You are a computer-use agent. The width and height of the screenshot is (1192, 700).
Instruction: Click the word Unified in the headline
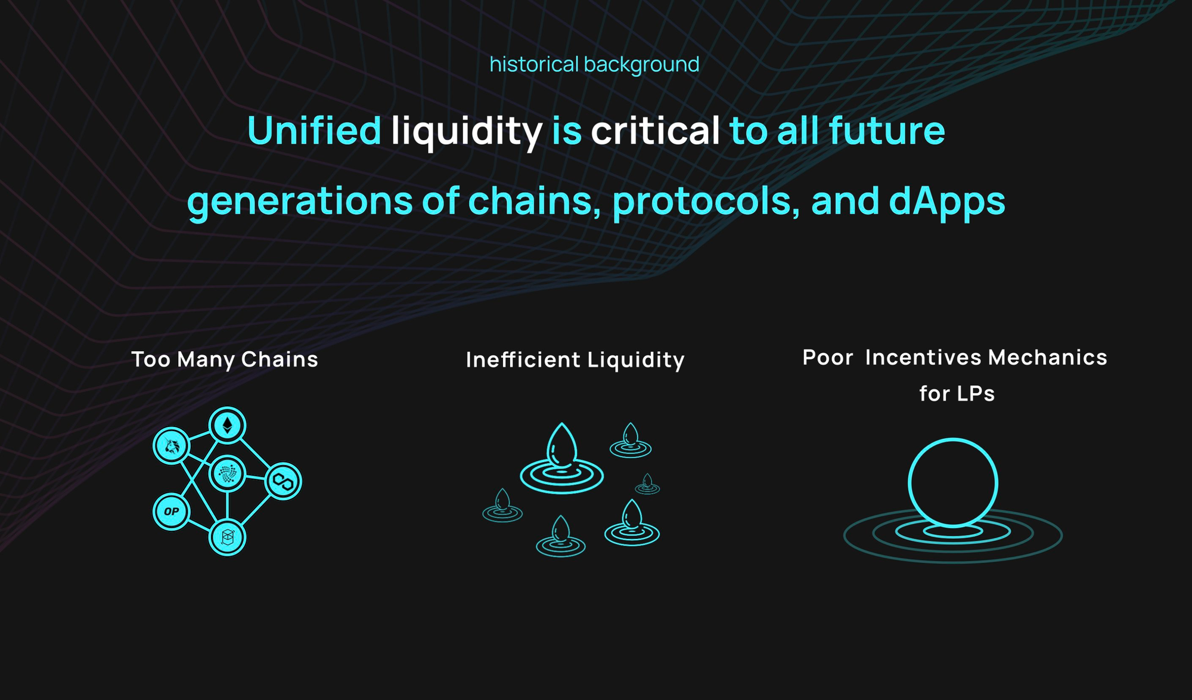coord(314,130)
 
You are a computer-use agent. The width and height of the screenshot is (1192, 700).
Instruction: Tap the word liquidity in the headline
coord(467,132)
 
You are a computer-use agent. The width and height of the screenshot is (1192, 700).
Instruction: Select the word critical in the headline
coord(655,130)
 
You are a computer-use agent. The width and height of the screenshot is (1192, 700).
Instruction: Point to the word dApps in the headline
coord(947,201)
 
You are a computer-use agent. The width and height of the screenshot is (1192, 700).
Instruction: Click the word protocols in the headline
coord(706,201)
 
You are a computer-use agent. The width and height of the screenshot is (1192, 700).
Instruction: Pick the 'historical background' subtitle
coord(594,64)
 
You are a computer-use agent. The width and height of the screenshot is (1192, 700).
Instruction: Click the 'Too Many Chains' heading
coord(225,360)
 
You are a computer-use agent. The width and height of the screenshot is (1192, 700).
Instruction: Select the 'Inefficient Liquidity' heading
coord(575,360)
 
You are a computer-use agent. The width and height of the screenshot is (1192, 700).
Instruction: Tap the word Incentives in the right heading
coord(923,357)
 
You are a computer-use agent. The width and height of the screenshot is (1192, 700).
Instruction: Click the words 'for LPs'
coord(957,394)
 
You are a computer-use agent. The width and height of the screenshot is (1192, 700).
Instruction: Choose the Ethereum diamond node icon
coord(227,425)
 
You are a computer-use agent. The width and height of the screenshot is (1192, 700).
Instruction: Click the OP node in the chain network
coord(172,511)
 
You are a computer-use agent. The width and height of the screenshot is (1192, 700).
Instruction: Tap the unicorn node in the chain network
coord(172,445)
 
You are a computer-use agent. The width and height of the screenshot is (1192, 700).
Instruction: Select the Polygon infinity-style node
coord(283,481)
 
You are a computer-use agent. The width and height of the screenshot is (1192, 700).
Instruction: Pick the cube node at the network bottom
coord(227,537)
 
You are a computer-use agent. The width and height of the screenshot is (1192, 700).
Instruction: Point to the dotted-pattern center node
coord(227,474)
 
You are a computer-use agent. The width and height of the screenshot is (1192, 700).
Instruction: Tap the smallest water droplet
coord(647,481)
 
